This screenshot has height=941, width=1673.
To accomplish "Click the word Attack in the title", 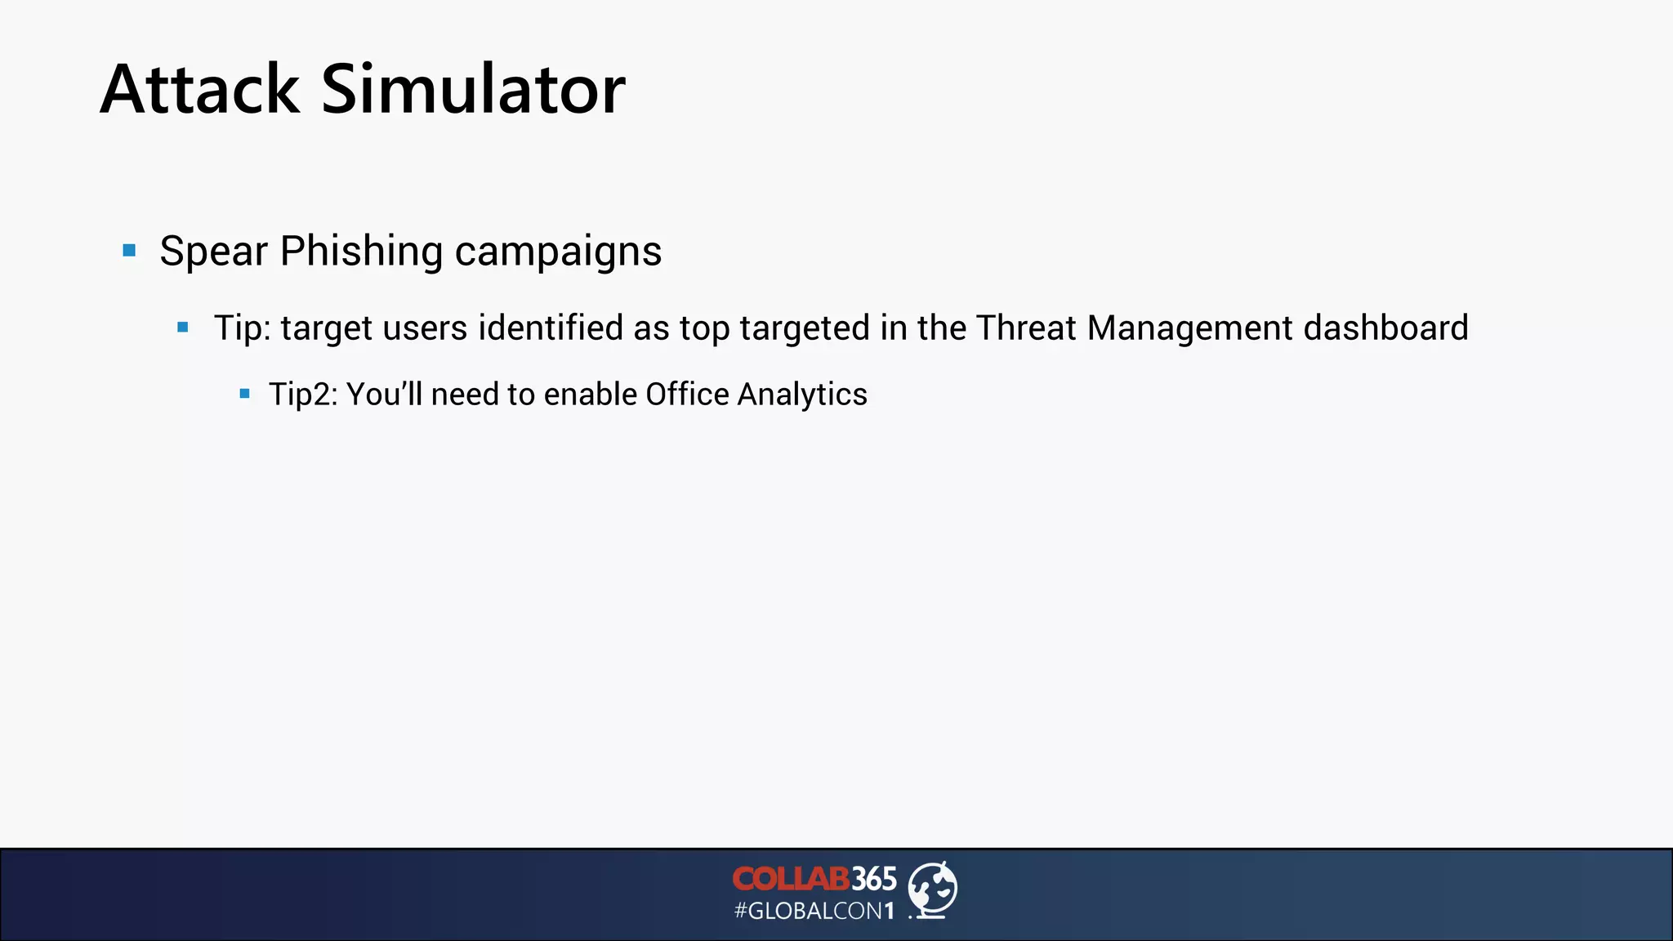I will [x=200, y=89].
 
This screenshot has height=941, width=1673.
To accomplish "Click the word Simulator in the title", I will [x=473, y=89].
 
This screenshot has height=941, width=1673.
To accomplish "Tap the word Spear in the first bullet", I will [x=213, y=251].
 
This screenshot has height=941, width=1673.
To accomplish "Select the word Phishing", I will [x=361, y=251].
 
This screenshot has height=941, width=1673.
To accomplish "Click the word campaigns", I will [x=558, y=252].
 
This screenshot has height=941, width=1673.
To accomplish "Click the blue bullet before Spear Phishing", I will [x=129, y=250].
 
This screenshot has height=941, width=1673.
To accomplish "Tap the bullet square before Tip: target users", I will [x=183, y=328].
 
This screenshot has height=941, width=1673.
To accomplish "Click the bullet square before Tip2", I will [x=244, y=394].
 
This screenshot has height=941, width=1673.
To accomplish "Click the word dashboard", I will [x=1386, y=328].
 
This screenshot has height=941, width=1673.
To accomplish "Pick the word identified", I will [x=551, y=328].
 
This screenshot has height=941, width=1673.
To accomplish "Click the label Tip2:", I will [x=303, y=395].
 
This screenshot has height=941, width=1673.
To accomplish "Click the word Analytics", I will [x=802, y=395].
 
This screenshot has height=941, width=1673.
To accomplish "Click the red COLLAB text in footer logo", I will [x=791, y=879].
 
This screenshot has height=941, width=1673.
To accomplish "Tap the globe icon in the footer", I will [x=933, y=890].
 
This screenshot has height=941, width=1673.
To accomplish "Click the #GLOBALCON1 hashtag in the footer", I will [x=814, y=911].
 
